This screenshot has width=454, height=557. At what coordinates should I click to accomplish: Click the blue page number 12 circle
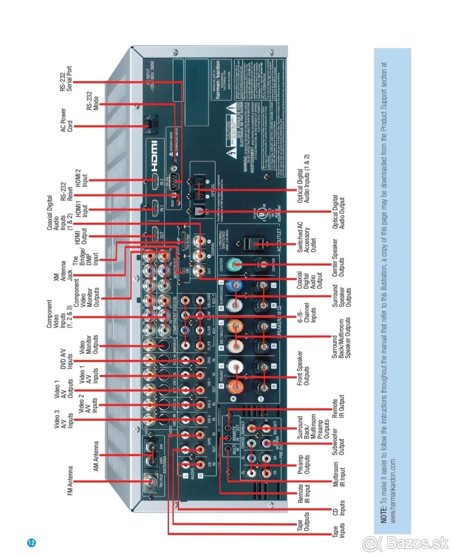(x=32, y=543)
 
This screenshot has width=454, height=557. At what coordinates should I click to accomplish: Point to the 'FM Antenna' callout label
(x=71, y=481)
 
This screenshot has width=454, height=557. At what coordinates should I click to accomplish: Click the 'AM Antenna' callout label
(x=96, y=456)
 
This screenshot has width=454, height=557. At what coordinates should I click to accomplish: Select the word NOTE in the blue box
(x=384, y=516)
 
